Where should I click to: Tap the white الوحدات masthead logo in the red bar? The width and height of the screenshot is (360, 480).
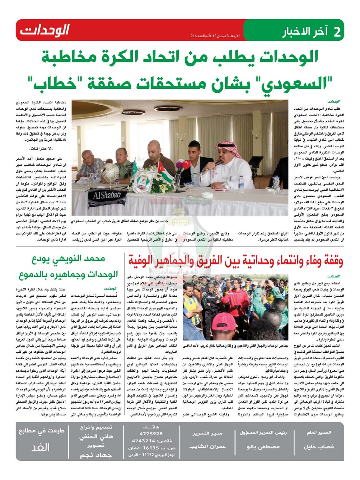[x=44, y=30]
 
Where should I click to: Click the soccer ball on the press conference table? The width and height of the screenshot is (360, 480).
[x=111, y=172]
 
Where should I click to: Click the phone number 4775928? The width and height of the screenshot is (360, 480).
[x=148, y=433]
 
